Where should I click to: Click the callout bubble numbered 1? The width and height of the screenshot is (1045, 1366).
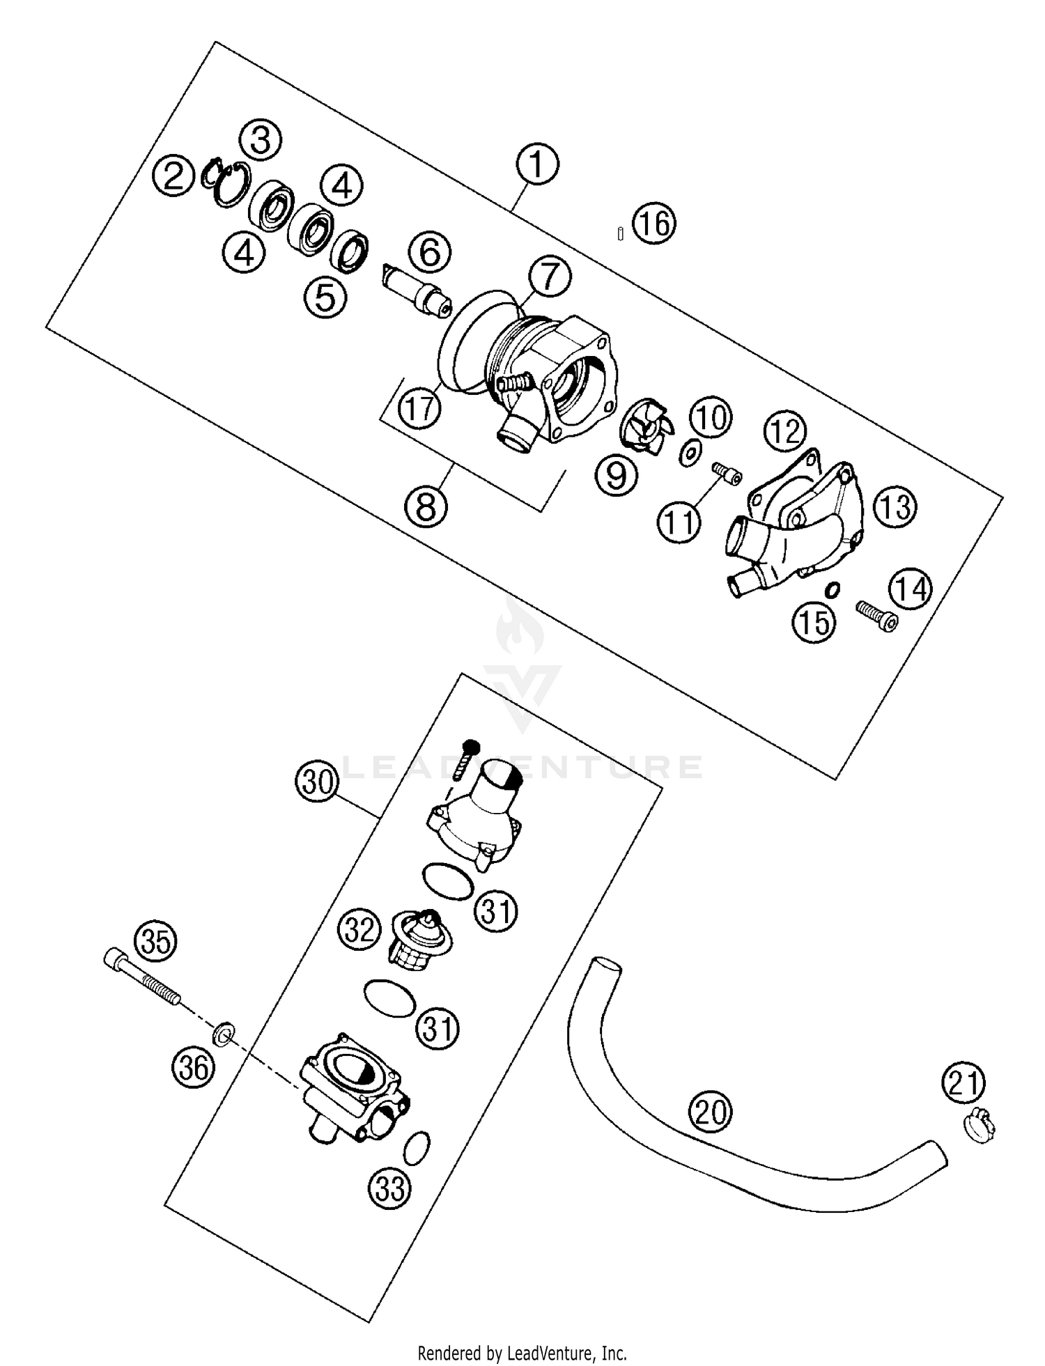coord(536,165)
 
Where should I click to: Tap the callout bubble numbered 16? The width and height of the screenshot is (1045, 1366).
coord(655,224)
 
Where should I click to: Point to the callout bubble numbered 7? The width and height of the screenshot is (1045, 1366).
coord(549,277)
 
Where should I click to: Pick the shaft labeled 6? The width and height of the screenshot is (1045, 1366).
coord(416,291)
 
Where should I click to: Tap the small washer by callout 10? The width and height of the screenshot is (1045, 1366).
coord(690,454)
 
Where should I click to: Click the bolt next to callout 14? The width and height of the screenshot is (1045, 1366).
coord(876,615)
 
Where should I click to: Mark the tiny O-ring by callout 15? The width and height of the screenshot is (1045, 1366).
coord(831,590)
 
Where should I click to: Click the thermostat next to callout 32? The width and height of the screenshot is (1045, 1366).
coord(420,938)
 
